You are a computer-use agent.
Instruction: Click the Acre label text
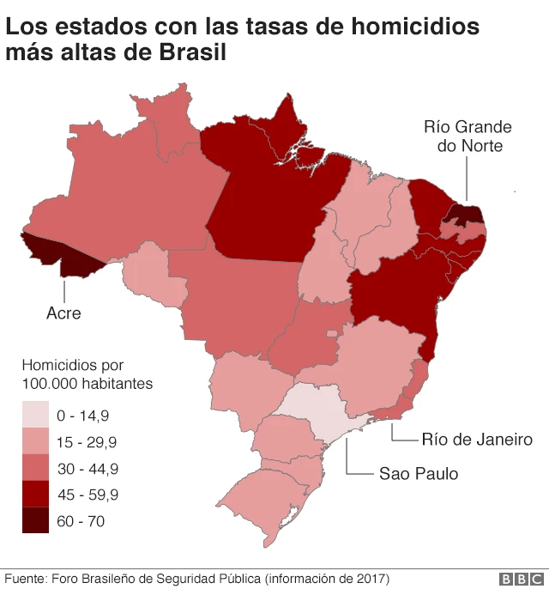[x=63, y=313]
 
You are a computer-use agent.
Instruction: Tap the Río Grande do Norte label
[x=468, y=137]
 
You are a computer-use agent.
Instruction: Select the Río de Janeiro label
[x=477, y=440]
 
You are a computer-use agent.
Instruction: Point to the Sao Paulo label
[x=419, y=473]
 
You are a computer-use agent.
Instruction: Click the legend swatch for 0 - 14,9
[x=35, y=416]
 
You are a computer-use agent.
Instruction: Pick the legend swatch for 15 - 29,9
[x=35, y=442]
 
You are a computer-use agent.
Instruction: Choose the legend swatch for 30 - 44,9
[x=35, y=468]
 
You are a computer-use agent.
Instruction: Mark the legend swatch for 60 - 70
[x=35, y=520]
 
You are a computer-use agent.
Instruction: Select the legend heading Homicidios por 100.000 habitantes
[x=87, y=373]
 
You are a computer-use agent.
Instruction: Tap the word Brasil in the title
[x=192, y=53]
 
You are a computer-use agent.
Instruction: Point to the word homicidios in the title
[x=405, y=26]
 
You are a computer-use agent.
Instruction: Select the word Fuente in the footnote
[x=27, y=578]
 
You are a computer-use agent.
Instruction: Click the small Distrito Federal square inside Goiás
[x=330, y=331]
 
